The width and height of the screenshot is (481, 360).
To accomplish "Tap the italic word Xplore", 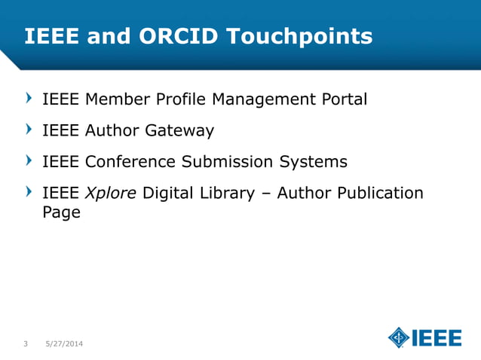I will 110,194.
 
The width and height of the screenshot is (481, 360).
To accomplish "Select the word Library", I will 228,194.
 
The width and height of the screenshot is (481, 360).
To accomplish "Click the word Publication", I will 380,194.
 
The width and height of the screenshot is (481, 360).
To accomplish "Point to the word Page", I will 61,213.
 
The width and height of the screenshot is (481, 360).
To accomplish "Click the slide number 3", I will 26,344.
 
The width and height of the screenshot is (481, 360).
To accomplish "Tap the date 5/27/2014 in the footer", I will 63,344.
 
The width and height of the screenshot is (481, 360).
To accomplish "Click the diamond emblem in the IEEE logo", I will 399,338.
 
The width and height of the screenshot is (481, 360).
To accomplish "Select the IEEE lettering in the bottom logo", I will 437,338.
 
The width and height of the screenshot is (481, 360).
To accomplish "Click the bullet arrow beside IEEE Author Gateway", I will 29,130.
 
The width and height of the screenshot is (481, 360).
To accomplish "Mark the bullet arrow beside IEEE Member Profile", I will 29,99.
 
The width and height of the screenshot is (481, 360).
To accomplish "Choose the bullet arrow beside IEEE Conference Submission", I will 29,161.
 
